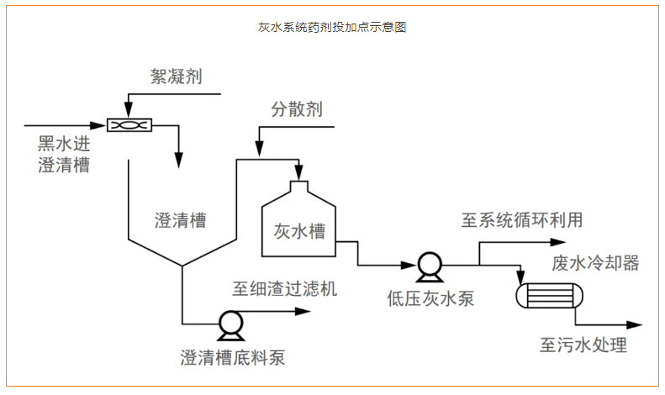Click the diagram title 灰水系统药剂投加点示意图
coord(332,27)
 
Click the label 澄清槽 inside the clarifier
coord(181,221)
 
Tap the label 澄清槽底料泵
coord(233,357)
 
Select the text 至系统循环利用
coord(521,220)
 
